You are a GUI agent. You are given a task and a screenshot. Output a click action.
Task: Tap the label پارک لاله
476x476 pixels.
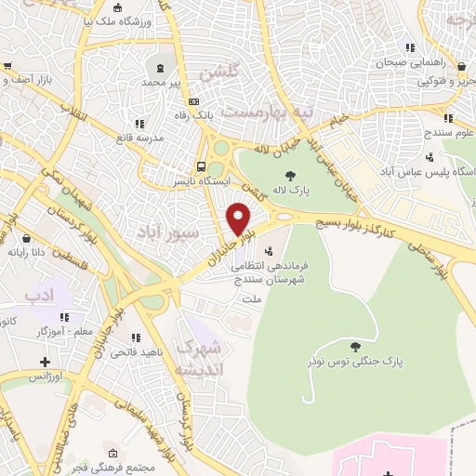[289, 191]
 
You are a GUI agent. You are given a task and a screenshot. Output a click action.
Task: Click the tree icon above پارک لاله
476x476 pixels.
[290, 175]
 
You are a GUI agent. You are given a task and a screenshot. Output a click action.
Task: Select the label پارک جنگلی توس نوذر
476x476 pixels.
[342, 360]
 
